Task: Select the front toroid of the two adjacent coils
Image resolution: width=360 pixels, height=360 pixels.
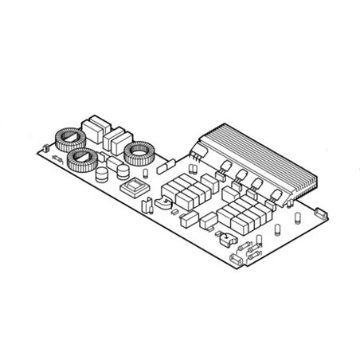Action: pyautogui.click(x=82, y=162)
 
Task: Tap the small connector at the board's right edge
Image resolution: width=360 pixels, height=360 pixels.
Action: pyautogui.click(x=321, y=213)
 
